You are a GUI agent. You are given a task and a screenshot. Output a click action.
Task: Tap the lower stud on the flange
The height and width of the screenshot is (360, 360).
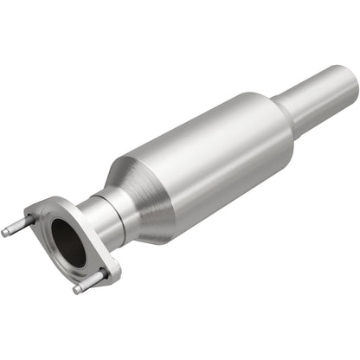tap(87, 283)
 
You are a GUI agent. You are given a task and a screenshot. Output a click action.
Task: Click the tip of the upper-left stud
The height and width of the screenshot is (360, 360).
tap(6, 231)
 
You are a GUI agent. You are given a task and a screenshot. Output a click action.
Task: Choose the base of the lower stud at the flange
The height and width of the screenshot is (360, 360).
tap(98, 278)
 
